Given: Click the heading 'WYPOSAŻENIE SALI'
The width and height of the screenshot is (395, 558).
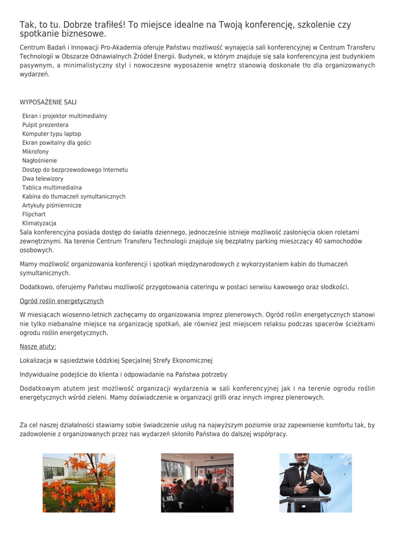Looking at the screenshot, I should point(48,102).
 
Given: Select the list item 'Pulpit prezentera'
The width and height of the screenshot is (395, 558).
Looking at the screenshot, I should point(45,125).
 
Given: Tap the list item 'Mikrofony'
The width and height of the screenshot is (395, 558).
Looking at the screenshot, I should point(35,151).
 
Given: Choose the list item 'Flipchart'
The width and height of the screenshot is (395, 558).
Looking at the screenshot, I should point(34,214).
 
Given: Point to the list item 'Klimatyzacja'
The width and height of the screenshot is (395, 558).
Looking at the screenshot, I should point(39,223).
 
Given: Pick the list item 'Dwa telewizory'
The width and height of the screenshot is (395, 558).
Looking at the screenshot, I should point(42,179).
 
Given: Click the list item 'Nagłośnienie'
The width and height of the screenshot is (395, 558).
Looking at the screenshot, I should point(39,161).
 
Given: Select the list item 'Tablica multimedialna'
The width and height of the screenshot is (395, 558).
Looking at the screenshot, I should point(52,187).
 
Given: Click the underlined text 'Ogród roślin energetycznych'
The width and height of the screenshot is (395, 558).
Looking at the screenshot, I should point(62,301).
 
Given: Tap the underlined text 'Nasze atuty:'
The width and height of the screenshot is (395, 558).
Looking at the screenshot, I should point(38,347).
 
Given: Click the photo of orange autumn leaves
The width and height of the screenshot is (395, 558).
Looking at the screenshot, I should point(79,483).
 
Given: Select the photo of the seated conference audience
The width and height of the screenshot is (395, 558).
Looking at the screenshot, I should point(197,483).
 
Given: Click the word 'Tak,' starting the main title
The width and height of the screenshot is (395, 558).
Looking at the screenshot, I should point(27,25).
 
